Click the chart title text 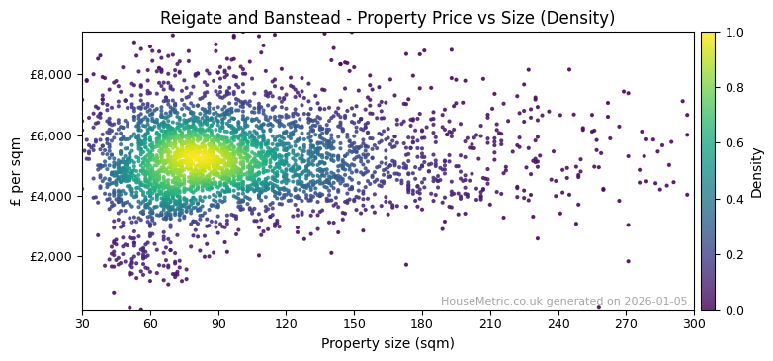pyautogui.click(x=387, y=18)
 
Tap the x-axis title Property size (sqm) pyautogui.click(x=387, y=344)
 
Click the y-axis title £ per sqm pyautogui.click(x=16, y=171)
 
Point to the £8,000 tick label pyautogui.click(x=51, y=75)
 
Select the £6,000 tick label pyautogui.click(x=51, y=135)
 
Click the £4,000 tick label pyautogui.click(x=51, y=196)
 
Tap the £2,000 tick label pyautogui.click(x=51, y=256)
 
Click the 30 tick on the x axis pyautogui.click(x=82, y=323)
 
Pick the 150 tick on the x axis pyautogui.click(x=354, y=323)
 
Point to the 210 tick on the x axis pyautogui.click(x=490, y=323)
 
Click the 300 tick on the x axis pyautogui.click(x=694, y=323)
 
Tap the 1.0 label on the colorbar pyautogui.click(x=734, y=33)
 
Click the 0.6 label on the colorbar pyautogui.click(x=734, y=143)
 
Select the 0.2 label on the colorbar pyautogui.click(x=734, y=254)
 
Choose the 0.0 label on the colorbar pyautogui.click(x=734, y=310)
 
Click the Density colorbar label pyautogui.click(x=757, y=171)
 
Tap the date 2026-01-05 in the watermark pyautogui.click(x=653, y=301)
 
